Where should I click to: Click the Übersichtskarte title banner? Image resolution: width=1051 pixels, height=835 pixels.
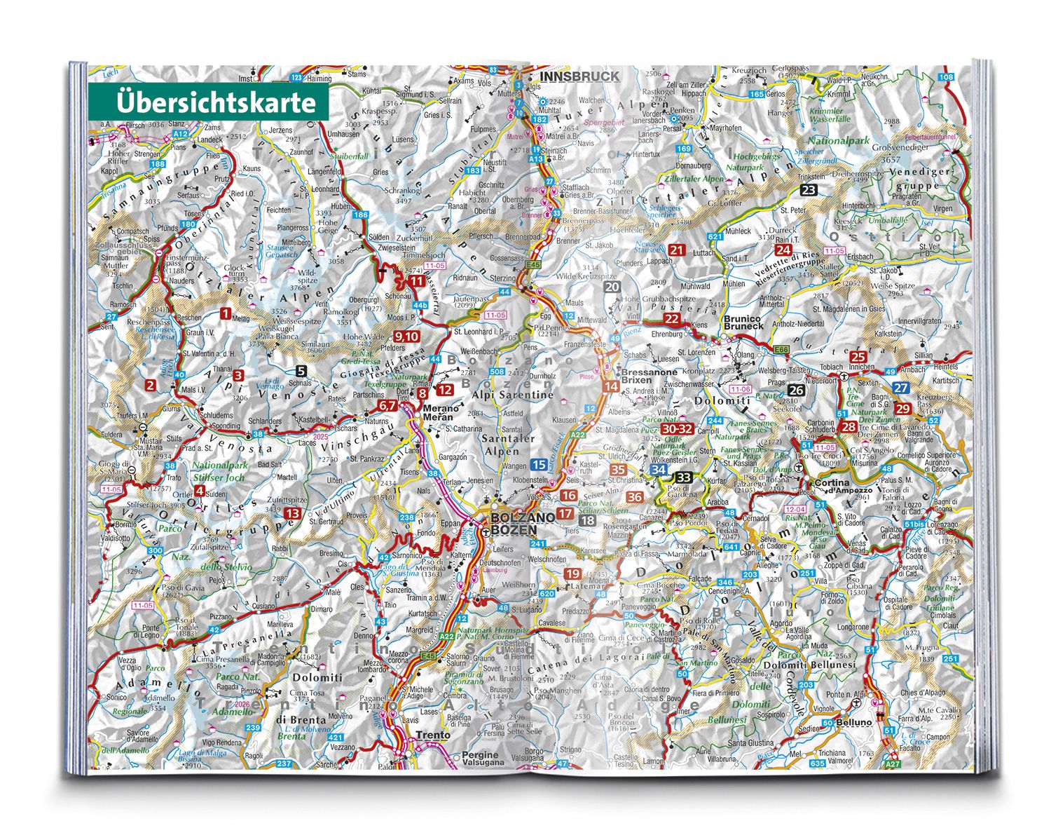209,102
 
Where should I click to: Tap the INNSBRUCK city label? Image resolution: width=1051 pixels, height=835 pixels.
579,76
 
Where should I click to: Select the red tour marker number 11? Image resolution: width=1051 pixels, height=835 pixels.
417,282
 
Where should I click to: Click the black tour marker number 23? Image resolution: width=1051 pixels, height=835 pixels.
809,191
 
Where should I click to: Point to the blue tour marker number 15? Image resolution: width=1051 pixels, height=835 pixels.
539,464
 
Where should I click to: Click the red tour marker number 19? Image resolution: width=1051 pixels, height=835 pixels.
572,573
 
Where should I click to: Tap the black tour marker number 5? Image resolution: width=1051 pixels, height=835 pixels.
301,372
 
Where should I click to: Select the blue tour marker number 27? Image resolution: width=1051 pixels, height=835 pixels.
901,388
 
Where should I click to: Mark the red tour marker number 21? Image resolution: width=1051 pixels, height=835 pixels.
677,250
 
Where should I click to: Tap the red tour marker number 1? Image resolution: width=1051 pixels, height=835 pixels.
225,314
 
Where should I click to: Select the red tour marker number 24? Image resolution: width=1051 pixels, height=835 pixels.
783,250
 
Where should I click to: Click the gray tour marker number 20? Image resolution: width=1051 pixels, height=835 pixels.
612,287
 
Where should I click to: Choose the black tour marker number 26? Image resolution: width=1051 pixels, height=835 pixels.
796,391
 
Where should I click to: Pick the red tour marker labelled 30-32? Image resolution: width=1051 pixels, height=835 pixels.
677,428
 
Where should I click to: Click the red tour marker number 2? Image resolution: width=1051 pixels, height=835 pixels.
150,385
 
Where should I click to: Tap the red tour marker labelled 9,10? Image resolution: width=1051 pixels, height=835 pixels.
406,336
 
